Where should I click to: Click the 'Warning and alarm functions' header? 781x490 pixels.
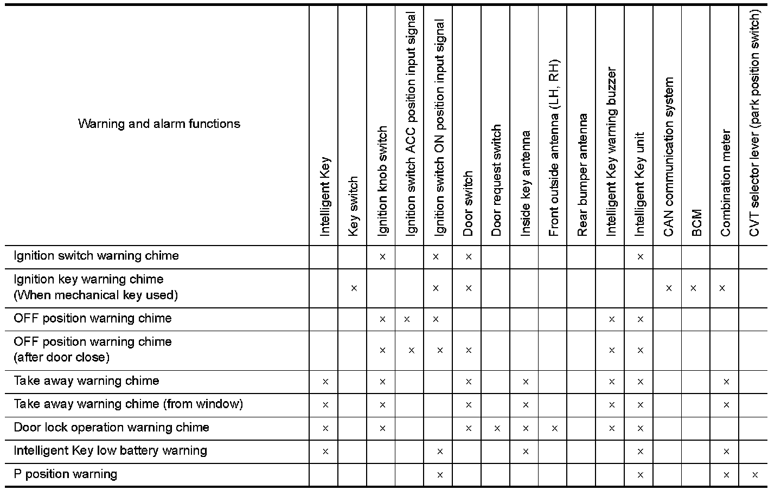coord(159,124)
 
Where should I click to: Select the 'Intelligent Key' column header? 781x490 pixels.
coord(324,197)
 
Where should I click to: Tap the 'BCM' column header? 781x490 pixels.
coord(697,222)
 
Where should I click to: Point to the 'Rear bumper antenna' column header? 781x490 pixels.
coord(582,175)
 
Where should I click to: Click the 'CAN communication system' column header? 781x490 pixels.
coord(668,157)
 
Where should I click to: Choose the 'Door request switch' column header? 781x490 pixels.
coord(496,180)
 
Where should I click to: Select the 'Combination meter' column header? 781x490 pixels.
coord(726,184)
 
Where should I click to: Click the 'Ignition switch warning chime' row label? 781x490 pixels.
coord(96,256)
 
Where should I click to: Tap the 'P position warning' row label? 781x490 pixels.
coord(65,474)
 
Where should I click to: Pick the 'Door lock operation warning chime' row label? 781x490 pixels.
coord(111,428)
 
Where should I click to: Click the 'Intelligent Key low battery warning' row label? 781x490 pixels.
coord(110,451)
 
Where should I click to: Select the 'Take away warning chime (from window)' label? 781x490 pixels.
coord(128,404)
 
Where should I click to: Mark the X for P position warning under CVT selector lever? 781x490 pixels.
coord(754,475)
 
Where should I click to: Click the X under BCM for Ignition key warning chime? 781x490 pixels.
coord(693,288)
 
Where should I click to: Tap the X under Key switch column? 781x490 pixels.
coord(354,288)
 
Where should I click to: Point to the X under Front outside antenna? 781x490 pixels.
coord(554,428)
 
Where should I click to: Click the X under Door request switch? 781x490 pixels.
coord(497,428)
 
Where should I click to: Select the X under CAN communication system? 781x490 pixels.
coord(668,288)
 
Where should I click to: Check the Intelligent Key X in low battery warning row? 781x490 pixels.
coord(325,451)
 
